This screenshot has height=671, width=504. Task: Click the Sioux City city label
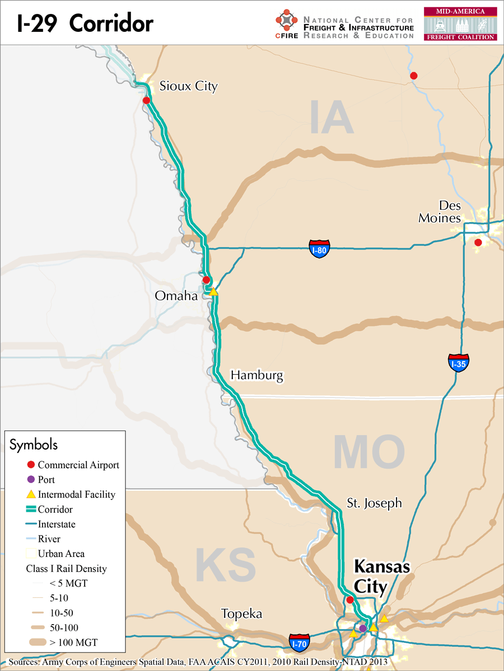pyautogui.click(x=188, y=86)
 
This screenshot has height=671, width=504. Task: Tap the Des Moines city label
pyautogui.click(x=440, y=211)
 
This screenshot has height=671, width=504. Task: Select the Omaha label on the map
pyautogui.click(x=176, y=296)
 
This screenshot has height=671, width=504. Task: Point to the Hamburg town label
pyautogui.click(x=257, y=375)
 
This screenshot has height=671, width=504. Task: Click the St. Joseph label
pyautogui.click(x=374, y=503)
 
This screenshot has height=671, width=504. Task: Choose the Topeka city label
pyautogui.click(x=241, y=613)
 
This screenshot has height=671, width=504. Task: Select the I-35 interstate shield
pyautogui.click(x=458, y=363)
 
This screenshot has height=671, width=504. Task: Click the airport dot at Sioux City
pyautogui.click(x=146, y=101)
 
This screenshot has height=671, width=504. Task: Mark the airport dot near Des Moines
pyautogui.click(x=478, y=242)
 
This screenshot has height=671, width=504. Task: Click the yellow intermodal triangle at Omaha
pyautogui.click(x=213, y=291)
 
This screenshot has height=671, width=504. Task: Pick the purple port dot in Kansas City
pyautogui.click(x=362, y=628)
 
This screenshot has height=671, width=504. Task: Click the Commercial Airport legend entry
pyautogui.click(x=78, y=465)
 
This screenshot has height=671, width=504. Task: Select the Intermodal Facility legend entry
pyautogui.click(x=76, y=494)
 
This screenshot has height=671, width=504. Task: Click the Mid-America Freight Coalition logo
pyautogui.click(x=460, y=23)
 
